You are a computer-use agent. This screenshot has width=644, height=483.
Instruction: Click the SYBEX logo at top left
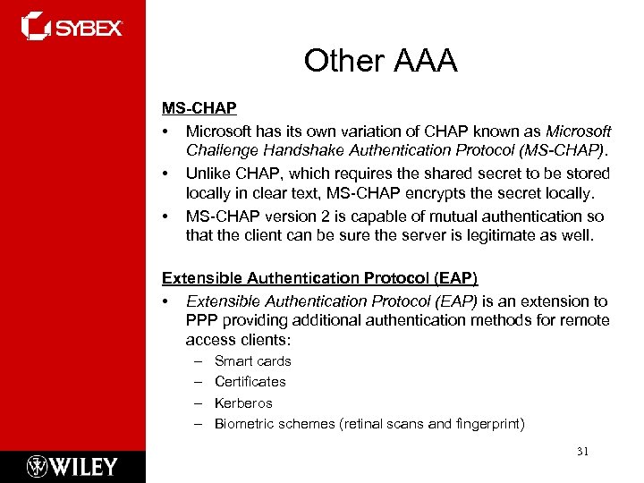(72, 26)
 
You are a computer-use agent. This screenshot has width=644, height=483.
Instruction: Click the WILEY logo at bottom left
(72, 466)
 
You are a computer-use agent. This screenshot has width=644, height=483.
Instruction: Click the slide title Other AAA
(380, 61)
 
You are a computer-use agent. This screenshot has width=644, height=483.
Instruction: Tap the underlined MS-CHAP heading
(199, 108)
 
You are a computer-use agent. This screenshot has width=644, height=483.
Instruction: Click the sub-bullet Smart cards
(253, 361)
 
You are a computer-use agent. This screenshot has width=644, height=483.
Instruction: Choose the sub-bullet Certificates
(250, 382)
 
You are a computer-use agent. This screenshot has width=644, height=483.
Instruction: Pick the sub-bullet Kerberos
(243, 403)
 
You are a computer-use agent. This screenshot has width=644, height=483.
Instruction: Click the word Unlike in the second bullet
(208, 174)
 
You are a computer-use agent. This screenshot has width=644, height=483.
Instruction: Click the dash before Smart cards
(196, 361)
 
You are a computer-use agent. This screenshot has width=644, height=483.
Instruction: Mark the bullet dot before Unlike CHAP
(165, 174)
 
